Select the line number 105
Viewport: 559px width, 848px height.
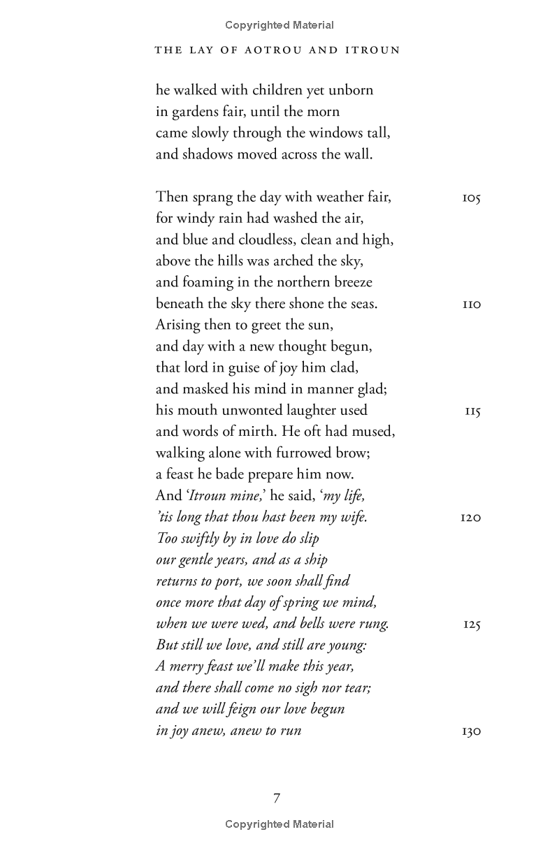(x=472, y=198)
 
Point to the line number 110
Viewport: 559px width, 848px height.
(x=472, y=305)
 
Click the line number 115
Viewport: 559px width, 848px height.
(x=472, y=411)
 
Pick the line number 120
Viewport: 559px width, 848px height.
(x=471, y=518)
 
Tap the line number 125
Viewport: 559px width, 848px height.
(x=472, y=624)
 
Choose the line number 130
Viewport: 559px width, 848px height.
(x=472, y=731)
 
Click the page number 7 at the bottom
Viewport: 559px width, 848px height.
(x=277, y=798)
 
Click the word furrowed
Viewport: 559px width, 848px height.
(x=289, y=453)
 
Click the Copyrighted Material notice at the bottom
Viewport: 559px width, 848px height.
(x=279, y=824)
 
